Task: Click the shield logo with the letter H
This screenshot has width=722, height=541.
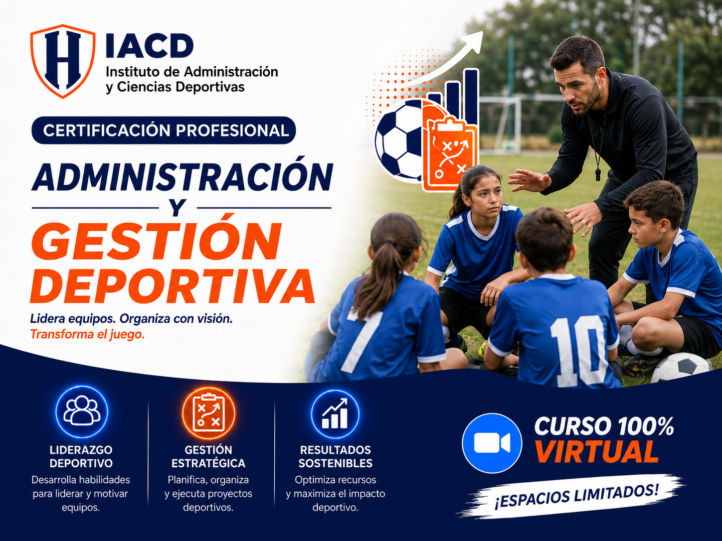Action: point(62,61)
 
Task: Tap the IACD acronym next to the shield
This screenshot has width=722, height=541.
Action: point(150,46)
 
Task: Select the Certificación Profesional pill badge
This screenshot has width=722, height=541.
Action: point(164,130)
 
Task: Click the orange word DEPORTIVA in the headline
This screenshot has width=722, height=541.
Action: point(173,286)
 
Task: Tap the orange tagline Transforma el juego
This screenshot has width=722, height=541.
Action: point(87,334)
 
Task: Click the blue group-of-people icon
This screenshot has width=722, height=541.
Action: point(82,411)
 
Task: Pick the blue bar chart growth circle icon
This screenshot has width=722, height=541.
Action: point(335,414)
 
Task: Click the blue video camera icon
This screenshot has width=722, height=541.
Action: point(492,443)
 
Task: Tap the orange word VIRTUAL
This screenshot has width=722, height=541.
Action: point(596,452)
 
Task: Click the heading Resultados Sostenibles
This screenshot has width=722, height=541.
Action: point(336,456)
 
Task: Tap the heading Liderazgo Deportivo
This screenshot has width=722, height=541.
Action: point(81,456)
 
